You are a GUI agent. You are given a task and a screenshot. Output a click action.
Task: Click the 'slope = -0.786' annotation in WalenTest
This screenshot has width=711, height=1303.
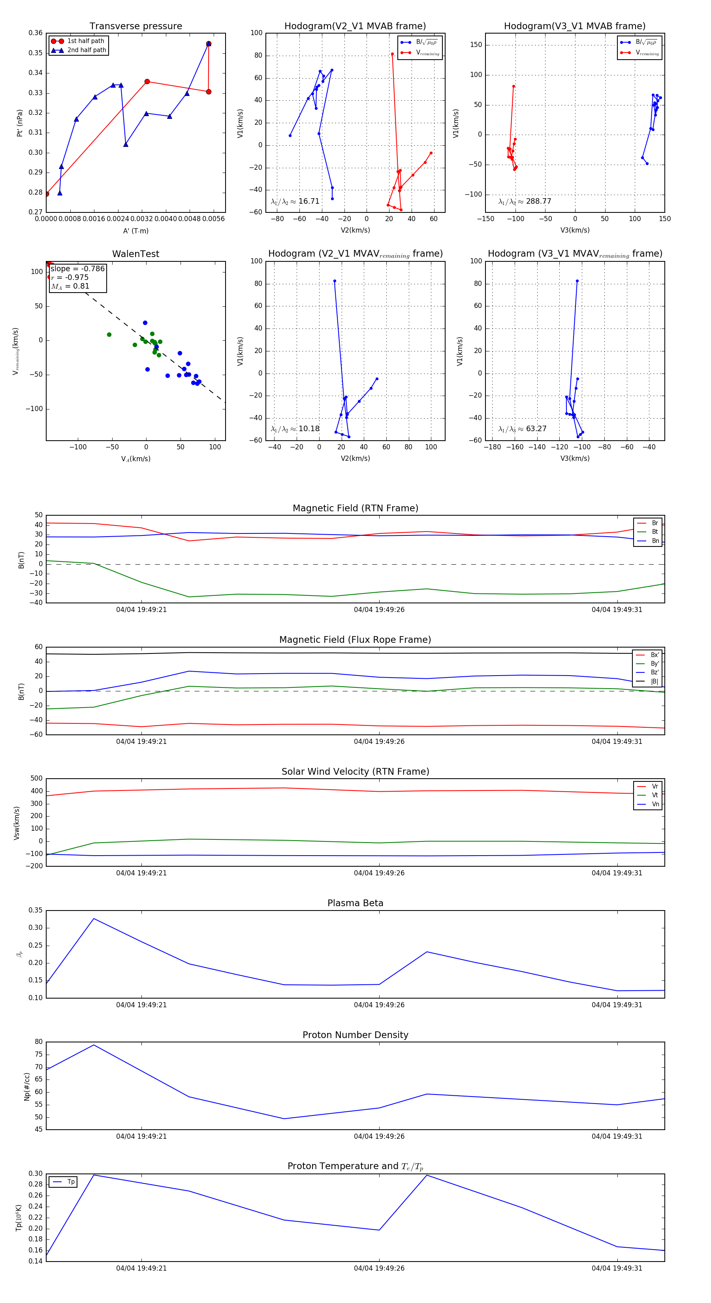[77, 268]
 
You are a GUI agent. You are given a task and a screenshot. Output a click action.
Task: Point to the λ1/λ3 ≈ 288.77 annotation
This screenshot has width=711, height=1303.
[525, 201]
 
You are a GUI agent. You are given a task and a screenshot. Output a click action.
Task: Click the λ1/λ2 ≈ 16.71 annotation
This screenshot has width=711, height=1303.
[295, 201]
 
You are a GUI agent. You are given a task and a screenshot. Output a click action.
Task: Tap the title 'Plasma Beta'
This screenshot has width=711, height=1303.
[355, 903]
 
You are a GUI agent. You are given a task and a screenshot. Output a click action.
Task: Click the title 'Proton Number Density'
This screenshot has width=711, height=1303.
[355, 1035]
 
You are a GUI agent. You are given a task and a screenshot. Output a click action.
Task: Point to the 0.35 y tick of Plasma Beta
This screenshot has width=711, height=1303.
[36, 910]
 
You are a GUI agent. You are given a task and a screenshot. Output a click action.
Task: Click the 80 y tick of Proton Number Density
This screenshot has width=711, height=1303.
[38, 1042]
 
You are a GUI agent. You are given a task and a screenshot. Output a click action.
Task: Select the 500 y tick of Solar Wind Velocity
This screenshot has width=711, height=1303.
[36, 779]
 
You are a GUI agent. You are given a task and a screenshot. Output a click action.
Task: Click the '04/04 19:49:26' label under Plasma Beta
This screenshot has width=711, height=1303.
[379, 1004]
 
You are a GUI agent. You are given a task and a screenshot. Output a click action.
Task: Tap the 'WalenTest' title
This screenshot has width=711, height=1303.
[135, 254]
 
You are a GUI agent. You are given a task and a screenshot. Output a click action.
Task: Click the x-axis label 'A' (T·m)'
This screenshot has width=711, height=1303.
[135, 231]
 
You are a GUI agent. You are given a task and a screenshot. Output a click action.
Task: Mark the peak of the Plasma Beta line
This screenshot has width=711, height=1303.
[94, 918]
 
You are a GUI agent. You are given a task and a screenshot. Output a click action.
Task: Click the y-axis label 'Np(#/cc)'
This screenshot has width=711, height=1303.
[27, 1087]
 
